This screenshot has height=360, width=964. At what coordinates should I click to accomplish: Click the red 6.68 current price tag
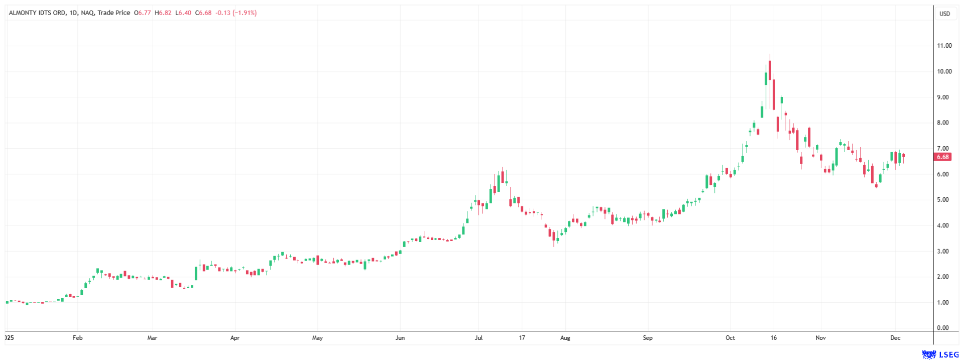tap(942, 157)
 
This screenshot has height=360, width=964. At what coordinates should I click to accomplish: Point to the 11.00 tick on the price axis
tap(944, 46)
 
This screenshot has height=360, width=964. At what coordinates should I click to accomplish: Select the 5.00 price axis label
tap(942, 200)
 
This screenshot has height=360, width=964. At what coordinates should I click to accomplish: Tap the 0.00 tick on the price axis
tap(942, 328)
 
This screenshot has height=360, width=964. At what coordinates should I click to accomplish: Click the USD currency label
tap(944, 14)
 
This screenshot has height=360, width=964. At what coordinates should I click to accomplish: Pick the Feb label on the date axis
tap(77, 338)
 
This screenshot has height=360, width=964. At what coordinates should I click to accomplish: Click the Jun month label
tap(400, 338)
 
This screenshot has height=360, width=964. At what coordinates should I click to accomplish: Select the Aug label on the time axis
tap(565, 338)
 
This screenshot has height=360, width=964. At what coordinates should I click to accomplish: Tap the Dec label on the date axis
tap(895, 338)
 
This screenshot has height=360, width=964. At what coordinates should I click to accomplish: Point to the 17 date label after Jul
tap(522, 338)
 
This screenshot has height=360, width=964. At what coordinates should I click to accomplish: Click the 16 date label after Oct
tap(774, 338)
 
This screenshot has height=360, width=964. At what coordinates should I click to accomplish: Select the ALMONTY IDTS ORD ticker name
tap(37, 13)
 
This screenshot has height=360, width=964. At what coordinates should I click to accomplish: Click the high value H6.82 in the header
tap(163, 13)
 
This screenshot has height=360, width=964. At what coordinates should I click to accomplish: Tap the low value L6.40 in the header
tap(183, 13)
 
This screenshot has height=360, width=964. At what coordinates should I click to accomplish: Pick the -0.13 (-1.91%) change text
tap(236, 13)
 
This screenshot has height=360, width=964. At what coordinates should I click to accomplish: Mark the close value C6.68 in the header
tap(203, 13)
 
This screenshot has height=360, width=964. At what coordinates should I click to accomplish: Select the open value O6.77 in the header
tap(143, 13)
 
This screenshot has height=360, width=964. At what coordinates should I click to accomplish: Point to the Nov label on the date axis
tap(820, 338)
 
